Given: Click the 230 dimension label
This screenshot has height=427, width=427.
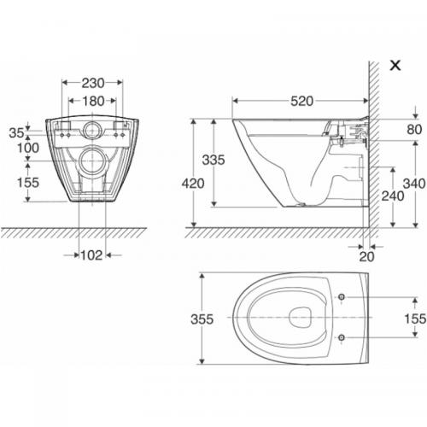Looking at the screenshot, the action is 93,83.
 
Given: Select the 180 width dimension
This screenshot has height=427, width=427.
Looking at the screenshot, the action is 93,101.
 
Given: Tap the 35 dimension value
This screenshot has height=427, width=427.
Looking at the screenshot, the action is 16,133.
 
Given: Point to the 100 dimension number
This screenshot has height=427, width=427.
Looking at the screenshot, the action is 28,148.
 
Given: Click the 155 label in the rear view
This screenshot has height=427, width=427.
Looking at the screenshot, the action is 28,183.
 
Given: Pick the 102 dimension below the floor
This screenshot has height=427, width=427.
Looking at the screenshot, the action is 91,255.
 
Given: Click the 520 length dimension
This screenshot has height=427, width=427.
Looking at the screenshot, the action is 301,101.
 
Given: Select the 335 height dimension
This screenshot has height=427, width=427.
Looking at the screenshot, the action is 213,160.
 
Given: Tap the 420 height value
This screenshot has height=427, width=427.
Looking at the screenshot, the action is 193,184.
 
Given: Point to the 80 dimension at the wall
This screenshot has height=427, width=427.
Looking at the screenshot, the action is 414,130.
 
